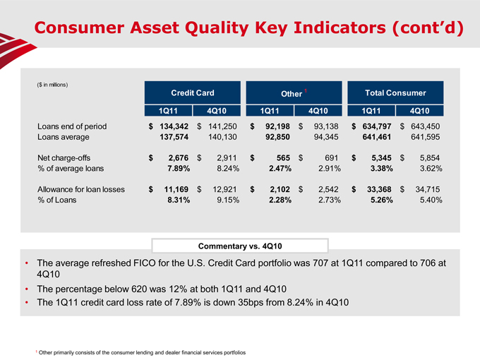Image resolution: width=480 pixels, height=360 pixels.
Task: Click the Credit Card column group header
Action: (x=193, y=92)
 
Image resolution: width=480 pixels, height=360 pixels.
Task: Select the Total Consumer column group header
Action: (x=395, y=92)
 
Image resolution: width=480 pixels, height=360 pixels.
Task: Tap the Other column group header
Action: (x=292, y=93)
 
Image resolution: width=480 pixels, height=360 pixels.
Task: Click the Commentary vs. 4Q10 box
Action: (x=239, y=246)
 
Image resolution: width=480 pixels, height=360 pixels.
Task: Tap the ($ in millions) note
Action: (x=52, y=85)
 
